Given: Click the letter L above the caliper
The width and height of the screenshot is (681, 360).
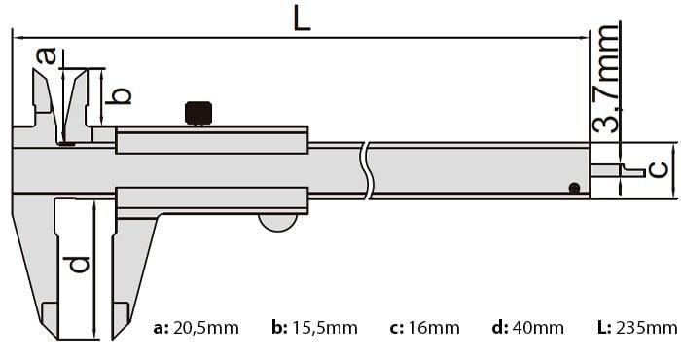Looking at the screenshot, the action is pyautogui.click(x=302, y=18).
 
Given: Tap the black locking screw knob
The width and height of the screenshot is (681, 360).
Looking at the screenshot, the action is pyautogui.click(x=198, y=113).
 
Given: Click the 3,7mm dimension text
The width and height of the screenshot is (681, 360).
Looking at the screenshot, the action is pyautogui.click(x=605, y=78).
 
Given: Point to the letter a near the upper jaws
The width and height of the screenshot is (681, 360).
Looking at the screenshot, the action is pyautogui.click(x=47, y=55).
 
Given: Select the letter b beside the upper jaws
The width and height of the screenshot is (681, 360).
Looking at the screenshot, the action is pyautogui.click(x=119, y=95).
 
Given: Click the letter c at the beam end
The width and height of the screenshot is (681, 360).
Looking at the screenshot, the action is pyautogui.click(x=659, y=169).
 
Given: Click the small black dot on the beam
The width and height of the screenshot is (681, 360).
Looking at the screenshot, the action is pyautogui.click(x=575, y=188).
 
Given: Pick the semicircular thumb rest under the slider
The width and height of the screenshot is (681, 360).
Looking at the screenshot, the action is pyautogui.click(x=278, y=222).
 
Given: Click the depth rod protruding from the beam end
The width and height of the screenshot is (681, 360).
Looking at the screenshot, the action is pyautogui.click(x=618, y=170).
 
